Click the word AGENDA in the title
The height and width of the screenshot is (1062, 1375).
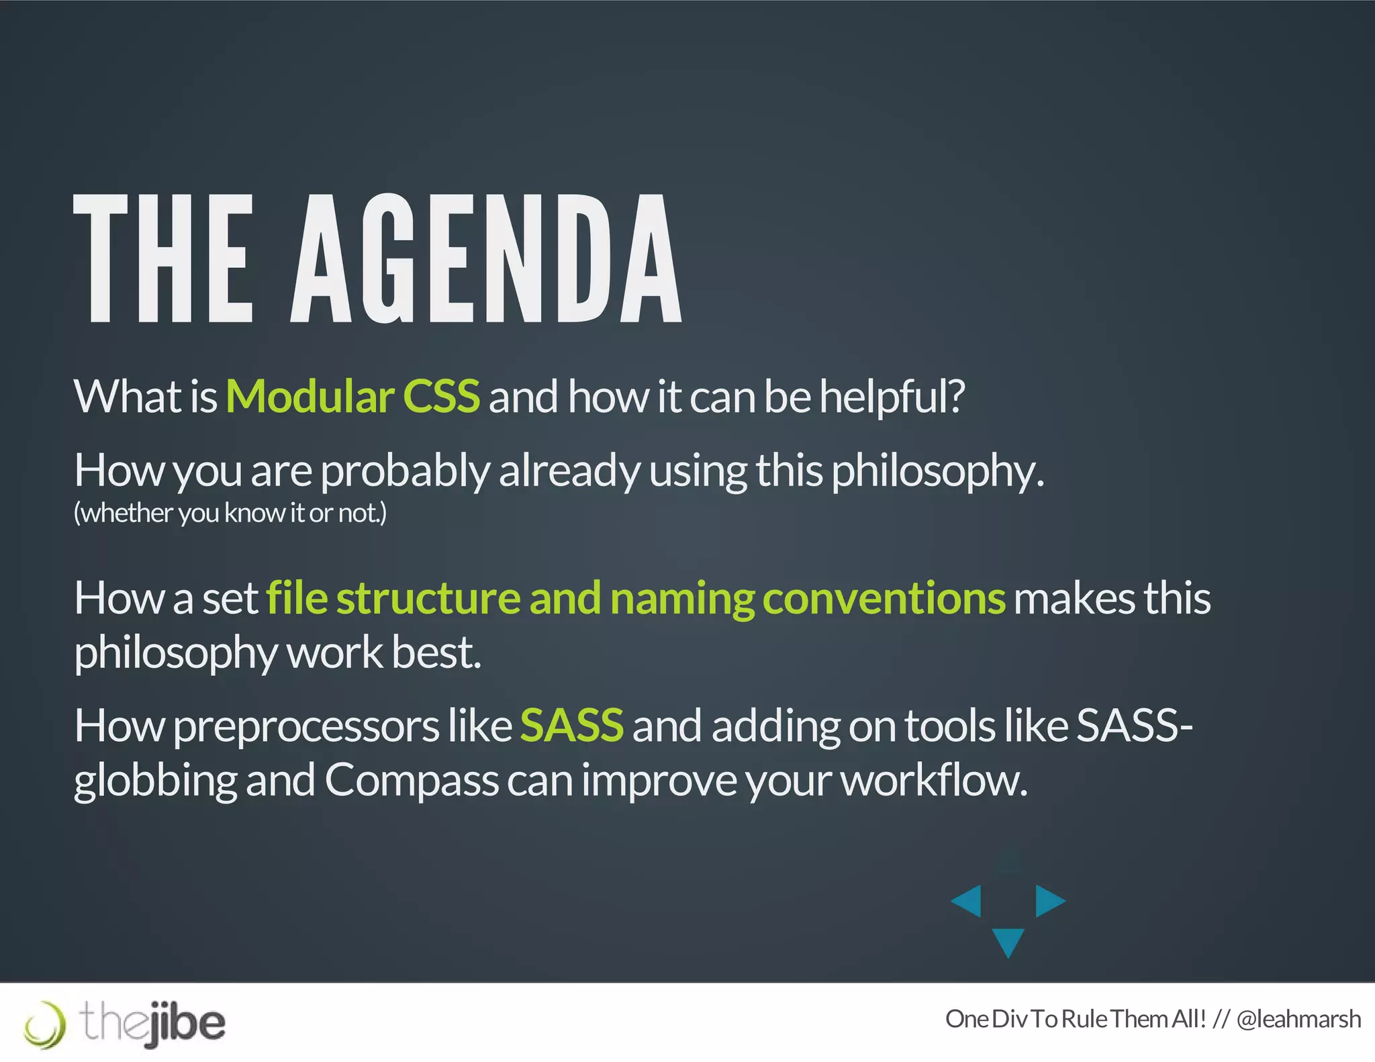[x=486, y=259]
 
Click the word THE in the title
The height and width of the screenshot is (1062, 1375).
[x=163, y=259]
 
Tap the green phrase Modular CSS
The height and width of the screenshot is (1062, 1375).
[x=352, y=396]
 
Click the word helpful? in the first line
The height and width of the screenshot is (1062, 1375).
[x=892, y=396]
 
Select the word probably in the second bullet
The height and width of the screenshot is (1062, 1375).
[x=406, y=471]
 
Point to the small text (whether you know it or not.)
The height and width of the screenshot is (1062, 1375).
[x=230, y=513]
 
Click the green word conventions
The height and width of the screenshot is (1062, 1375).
[x=884, y=597]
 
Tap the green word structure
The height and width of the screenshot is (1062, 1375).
[x=428, y=597]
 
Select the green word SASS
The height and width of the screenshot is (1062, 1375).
[x=571, y=725]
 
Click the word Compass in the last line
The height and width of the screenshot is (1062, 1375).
[x=412, y=780]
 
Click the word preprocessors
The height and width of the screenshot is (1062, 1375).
[x=306, y=726]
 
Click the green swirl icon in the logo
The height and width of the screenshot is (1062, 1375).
[x=45, y=1024]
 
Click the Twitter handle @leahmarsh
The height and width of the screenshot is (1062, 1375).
[x=1298, y=1019]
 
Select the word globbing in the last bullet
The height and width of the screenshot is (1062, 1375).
[x=154, y=781]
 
